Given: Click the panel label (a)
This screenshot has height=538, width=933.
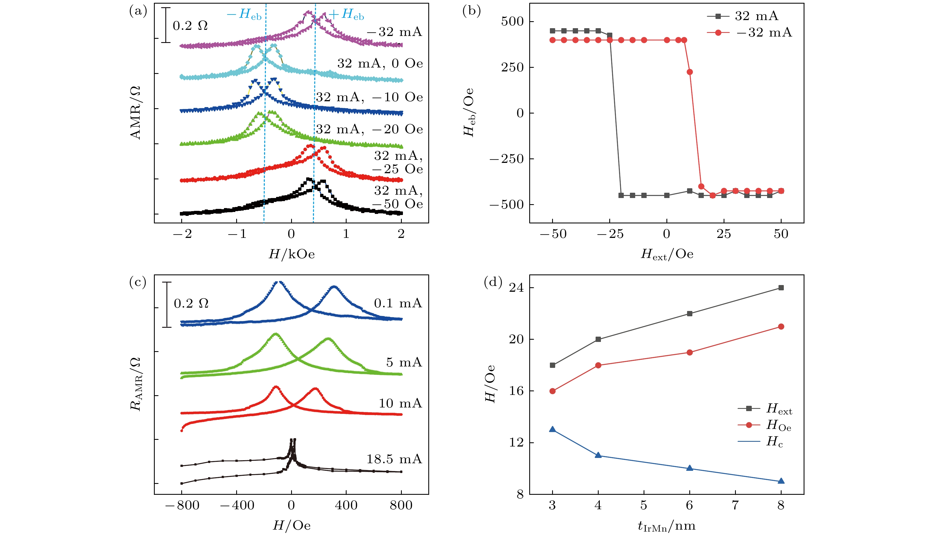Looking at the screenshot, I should point(138,11).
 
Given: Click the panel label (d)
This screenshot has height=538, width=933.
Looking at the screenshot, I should point(493,283).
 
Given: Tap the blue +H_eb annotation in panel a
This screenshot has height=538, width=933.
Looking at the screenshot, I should point(346,15).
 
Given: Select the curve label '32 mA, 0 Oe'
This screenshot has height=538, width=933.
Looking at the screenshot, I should point(380,64).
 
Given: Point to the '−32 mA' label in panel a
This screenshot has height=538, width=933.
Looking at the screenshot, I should point(394,32).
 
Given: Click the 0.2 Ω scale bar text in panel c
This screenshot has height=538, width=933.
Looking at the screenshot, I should point(191,304).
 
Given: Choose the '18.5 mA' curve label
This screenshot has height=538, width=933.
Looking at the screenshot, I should point(394,459).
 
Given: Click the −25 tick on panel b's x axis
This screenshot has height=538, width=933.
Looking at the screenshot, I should point(610,234).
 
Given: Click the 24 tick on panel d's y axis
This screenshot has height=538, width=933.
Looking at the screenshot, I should point(516,288).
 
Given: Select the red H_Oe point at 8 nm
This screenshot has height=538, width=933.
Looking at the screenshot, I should point(781,327).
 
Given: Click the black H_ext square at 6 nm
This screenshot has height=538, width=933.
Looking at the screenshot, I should point(690,314).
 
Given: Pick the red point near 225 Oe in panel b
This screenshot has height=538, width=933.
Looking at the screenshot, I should point(690,72).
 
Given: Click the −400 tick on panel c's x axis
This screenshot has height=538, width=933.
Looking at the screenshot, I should point(237,505).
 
